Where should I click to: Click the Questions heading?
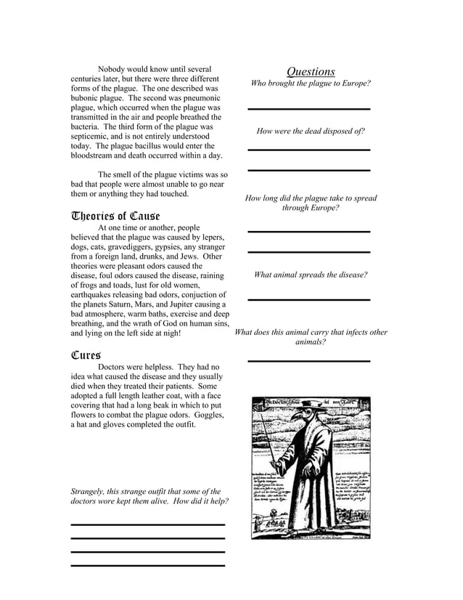pos(311,71)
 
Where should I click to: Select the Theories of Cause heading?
pos(115,216)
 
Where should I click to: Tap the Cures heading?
pos(85,355)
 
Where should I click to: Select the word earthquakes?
pos(94,294)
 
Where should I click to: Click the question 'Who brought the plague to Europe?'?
pos(311,84)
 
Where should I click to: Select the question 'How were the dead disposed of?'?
pos(311,131)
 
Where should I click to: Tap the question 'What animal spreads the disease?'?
pos(311,275)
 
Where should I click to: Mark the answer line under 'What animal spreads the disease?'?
pos(309,299)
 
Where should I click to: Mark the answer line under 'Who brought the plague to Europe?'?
pos(309,109)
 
